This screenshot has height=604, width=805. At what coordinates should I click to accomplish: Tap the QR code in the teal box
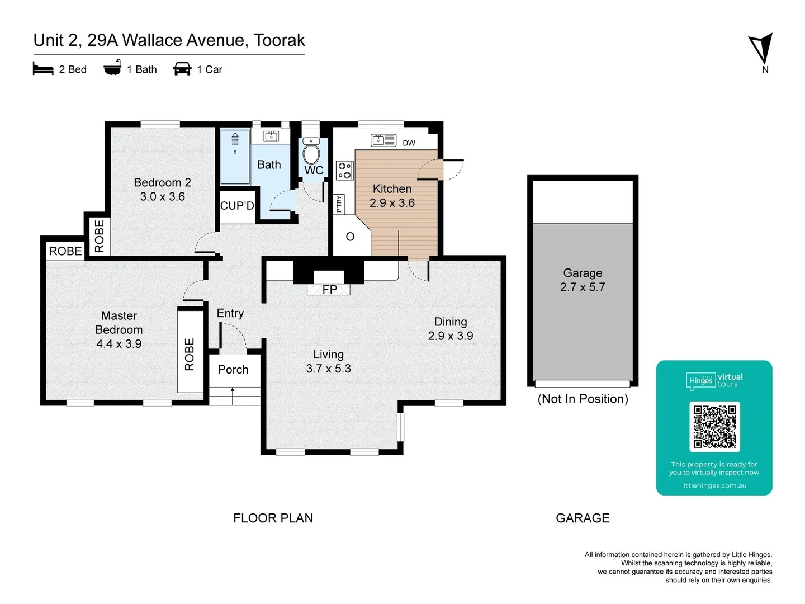pos(714,427)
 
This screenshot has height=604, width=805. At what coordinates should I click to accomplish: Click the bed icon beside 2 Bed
pos(43,69)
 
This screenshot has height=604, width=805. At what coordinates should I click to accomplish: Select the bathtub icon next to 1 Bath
pos(112,68)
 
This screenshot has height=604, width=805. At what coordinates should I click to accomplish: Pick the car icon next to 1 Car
pos(182,69)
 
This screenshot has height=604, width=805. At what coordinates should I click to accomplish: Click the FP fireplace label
pos(330,289)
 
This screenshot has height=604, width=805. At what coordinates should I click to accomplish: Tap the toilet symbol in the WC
pos(311,153)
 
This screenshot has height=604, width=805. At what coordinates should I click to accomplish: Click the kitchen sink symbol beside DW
pos(383,140)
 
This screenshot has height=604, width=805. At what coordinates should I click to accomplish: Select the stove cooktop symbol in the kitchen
pos(345,170)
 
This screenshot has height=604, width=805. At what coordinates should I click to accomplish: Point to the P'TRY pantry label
pos(339,204)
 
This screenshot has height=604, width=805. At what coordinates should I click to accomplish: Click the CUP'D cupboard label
pos(237,206)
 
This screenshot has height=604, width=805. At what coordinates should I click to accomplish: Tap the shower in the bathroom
pos(235,157)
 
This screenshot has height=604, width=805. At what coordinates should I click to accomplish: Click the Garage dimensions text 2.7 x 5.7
pos(583,287)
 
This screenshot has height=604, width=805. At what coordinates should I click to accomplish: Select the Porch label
pos(233,370)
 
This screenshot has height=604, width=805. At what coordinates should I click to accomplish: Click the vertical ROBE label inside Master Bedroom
pos(190,354)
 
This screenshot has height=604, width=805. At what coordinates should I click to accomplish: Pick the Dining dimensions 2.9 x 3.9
pos(451,336)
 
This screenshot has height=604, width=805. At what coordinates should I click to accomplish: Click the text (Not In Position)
pos(583,399)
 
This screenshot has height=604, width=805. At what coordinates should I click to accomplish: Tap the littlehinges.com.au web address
pos(714,486)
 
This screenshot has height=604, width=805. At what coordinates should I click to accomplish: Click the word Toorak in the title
pos(279,40)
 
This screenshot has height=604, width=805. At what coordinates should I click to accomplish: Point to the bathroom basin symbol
pos(271,136)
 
